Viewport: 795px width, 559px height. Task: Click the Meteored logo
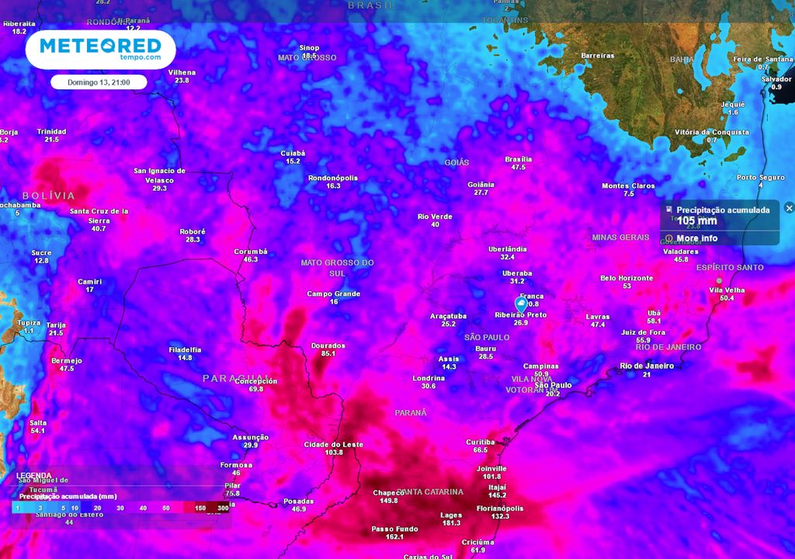coord(100,49)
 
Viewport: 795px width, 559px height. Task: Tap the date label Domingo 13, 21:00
coord(99,82)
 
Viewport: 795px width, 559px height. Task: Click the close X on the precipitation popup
coord(789,208)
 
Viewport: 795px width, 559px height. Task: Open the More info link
coord(696,238)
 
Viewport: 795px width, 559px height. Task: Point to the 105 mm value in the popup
coord(696,221)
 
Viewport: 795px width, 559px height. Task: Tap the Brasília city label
coord(518,159)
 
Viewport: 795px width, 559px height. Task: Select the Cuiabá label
coord(293,153)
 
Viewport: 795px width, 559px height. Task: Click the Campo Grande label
coord(334,293)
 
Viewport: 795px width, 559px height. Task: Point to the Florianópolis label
coord(499,509)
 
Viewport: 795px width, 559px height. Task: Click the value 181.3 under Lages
coord(451,523)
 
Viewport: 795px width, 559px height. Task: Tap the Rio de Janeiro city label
coord(646,366)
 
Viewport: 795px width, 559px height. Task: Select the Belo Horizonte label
coord(627,278)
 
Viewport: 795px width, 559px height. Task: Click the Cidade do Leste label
coord(334,444)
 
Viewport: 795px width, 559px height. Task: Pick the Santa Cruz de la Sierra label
coord(99,215)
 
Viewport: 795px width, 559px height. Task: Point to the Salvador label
coord(776,79)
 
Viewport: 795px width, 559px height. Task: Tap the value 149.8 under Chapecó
coord(389,501)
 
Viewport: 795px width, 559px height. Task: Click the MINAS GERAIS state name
coord(620,237)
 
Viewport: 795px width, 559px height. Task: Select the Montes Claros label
coord(628,186)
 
